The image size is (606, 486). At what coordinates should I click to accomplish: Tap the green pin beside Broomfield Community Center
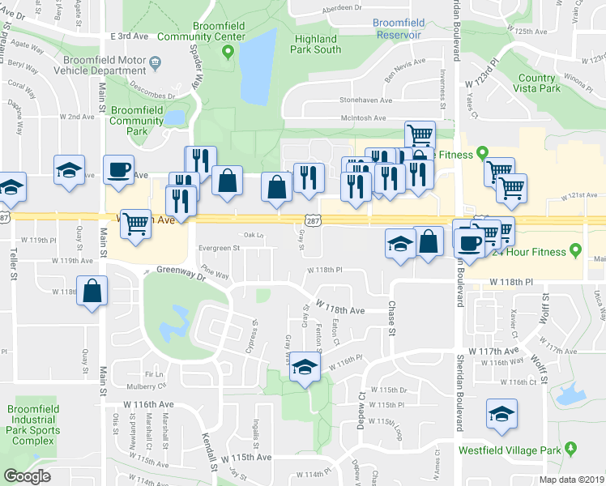tap(228, 54)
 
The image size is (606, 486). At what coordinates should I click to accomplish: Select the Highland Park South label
tap(317, 44)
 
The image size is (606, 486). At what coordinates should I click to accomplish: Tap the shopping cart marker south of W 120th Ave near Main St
tap(135, 224)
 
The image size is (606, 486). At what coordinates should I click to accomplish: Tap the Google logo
tap(28, 475)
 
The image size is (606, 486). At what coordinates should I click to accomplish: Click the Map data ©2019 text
tap(560, 479)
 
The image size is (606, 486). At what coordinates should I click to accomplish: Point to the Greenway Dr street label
tap(182, 271)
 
